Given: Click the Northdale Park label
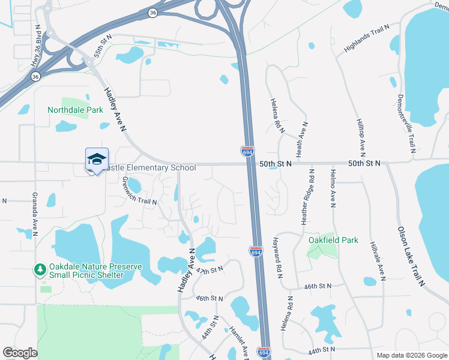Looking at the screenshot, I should pyautogui.click(x=76, y=110).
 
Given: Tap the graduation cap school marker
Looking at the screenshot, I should pyautogui.click(x=97, y=160).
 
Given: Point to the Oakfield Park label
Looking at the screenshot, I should pyautogui.click(x=333, y=240).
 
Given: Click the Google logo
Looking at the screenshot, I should pyautogui.click(x=20, y=353).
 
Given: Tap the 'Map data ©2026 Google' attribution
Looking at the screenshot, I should pyautogui.click(x=411, y=355).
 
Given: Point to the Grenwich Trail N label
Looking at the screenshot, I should pyautogui.click(x=139, y=191).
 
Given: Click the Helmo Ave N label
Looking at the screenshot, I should pyautogui.click(x=332, y=188).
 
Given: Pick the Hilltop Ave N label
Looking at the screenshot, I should pyautogui.click(x=362, y=133).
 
